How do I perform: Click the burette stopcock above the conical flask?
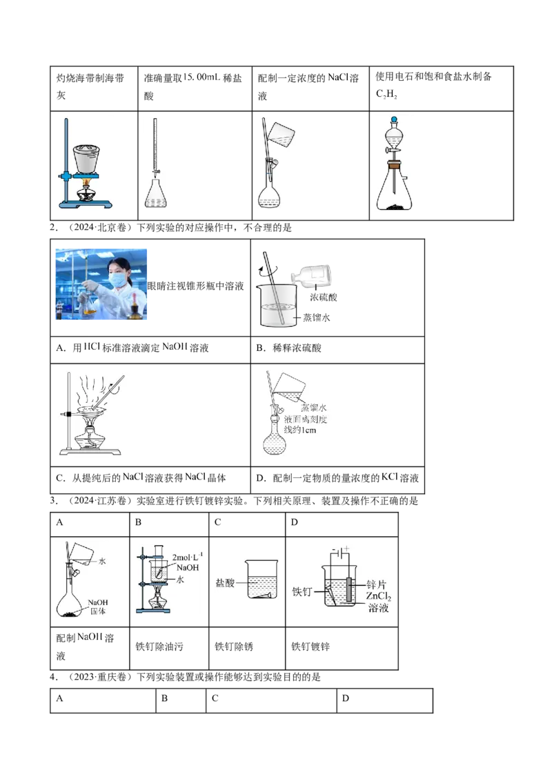(157, 173)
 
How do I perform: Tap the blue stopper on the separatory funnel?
(393, 118)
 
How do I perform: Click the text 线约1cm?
(301, 430)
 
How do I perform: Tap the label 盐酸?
(225, 582)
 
